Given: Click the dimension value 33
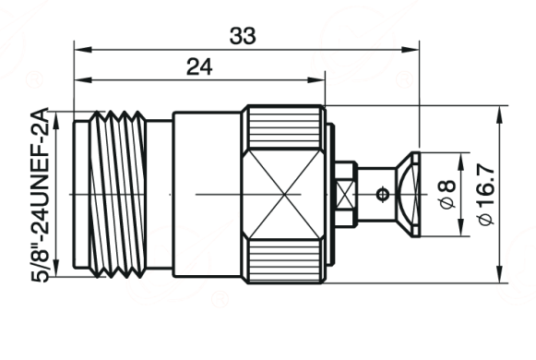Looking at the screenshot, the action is (243, 36).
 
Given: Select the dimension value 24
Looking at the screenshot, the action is (199, 67).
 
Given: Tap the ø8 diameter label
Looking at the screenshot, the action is (447, 194).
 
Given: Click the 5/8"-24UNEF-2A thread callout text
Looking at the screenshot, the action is (41, 195).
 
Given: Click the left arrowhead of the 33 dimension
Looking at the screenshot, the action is (83, 50).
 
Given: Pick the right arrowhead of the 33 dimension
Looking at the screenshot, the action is (411, 50).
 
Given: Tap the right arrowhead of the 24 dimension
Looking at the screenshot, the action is (316, 80).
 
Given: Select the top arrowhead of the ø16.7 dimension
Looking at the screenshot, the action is (500, 114).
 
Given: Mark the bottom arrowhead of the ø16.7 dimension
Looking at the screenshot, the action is (500, 274).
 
